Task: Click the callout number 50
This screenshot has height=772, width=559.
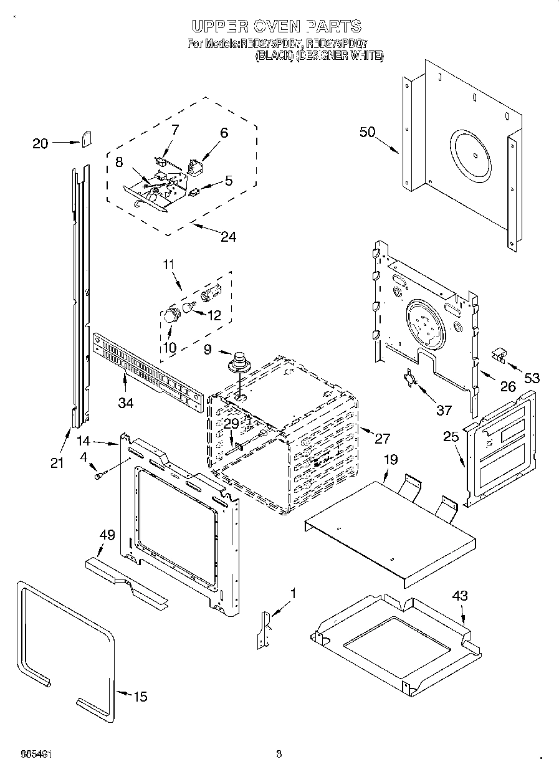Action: pos(368,131)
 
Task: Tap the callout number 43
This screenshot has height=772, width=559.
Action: pos(459,596)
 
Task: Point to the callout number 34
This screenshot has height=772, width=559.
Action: pos(125,403)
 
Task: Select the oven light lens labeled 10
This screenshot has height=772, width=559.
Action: pos(170,317)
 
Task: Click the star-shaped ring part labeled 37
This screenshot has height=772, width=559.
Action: pos(409,379)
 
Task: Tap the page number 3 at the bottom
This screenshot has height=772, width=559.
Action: pos(279,755)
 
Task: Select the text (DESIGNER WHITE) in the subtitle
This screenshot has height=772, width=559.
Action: pos(339,55)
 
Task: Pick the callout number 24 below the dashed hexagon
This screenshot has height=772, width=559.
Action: pos(229,236)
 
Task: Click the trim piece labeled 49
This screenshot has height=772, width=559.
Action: pos(125,579)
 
